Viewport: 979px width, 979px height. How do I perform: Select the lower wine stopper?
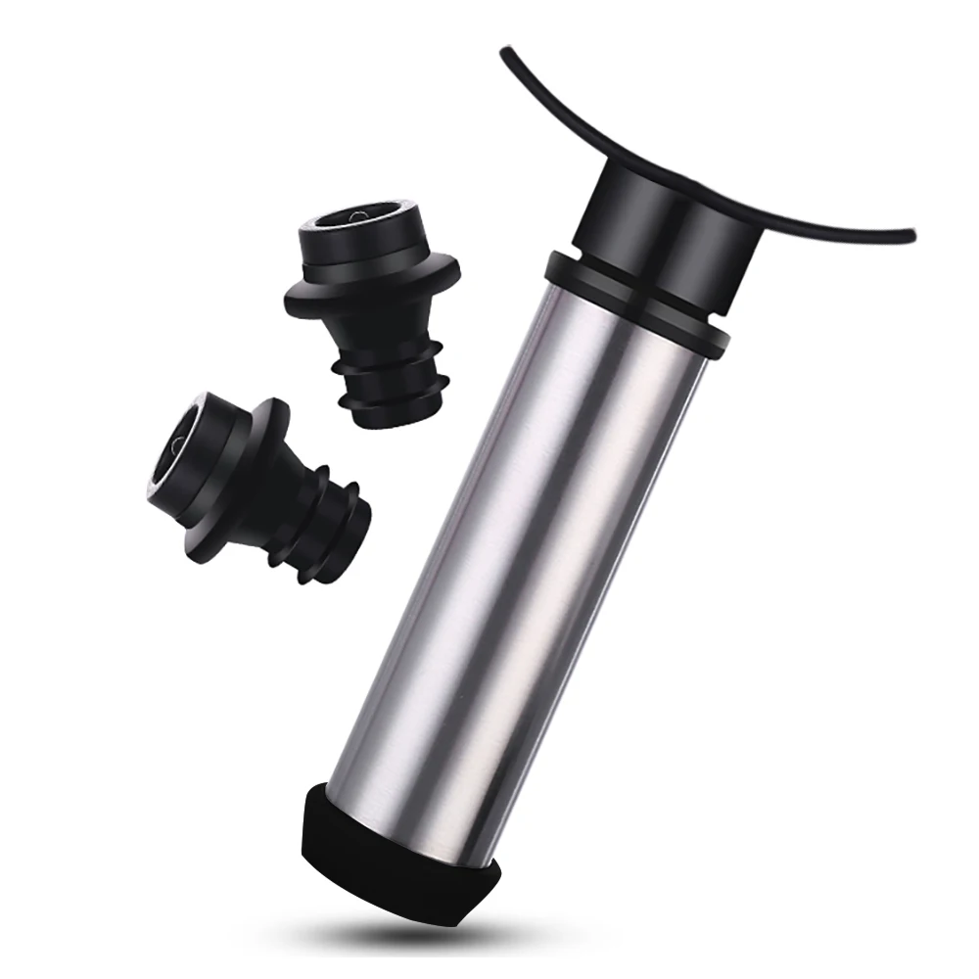point(264,470)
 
